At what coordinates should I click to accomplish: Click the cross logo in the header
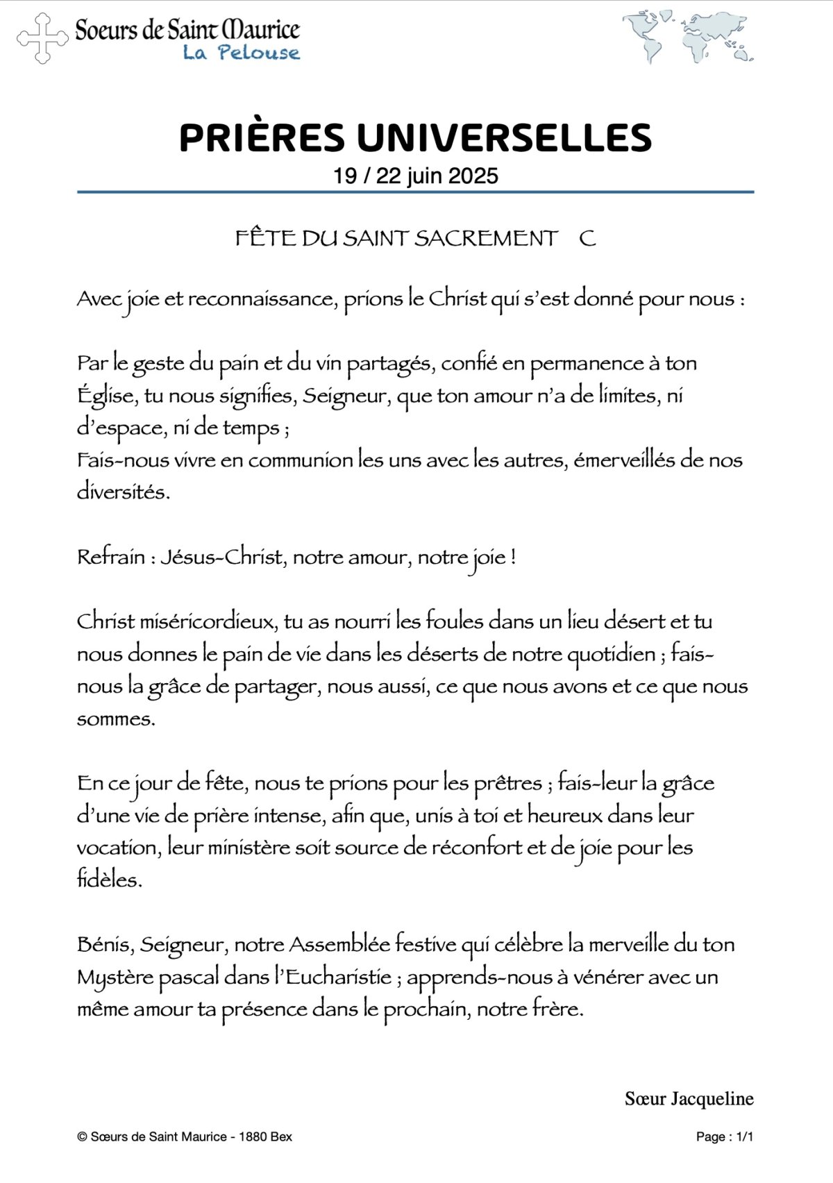(x=43, y=39)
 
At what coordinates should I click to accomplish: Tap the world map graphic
(x=687, y=37)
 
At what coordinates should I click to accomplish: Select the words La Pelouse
(x=242, y=53)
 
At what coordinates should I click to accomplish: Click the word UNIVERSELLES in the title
(x=505, y=137)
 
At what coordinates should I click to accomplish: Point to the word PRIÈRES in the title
(x=262, y=137)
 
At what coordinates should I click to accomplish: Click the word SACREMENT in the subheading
(x=486, y=238)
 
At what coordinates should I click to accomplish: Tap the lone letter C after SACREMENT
(x=587, y=238)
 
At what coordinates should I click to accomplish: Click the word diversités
(x=123, y=492)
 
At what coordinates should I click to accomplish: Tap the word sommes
(x=115, y=719)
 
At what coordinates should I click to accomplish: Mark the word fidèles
(x=109, y=880)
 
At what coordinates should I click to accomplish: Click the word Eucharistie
(x=339, y=977)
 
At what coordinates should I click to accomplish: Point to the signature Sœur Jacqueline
(x=689, y=1099)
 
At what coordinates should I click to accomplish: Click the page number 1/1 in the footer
(x=744, y=1136)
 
